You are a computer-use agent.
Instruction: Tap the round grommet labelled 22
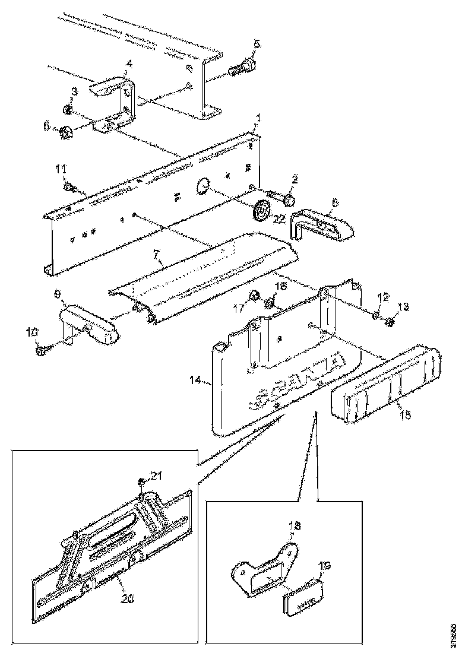coord(261,211)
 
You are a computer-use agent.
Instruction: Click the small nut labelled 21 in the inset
coord(142,481)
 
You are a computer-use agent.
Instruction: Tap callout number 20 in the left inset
coord(128,598)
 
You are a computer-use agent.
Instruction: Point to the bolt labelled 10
coord(42,350)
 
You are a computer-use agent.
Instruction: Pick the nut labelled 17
coord(253,295)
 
